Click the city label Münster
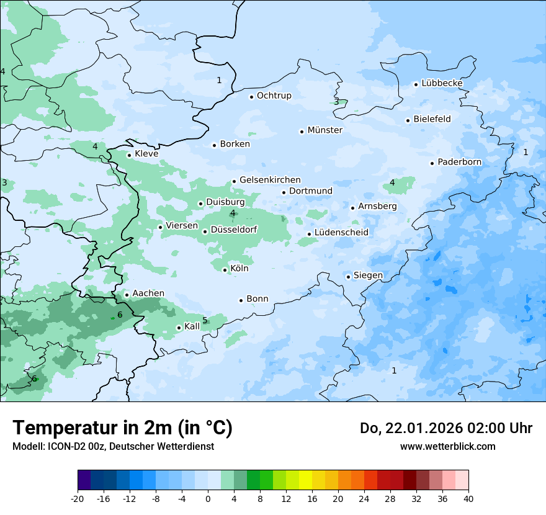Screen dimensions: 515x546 tap(325, 130)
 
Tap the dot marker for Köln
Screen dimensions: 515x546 tap(225, 270)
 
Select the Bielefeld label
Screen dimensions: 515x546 tap(432, 119)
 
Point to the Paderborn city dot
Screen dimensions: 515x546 tap(432, 163)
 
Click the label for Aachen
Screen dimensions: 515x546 tap(148, 293)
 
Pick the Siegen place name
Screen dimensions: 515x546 tap(368, 275)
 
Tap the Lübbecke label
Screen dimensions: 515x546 tap(442, 83)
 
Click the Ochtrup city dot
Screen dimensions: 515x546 tap(251, 96)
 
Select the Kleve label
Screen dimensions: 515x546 tap(146, 154)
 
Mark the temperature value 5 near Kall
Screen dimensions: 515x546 tap(205, 321)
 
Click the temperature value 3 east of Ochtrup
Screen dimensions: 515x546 tap(336, 102)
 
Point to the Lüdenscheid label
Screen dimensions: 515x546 tap(341, 233)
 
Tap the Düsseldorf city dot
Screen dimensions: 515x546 tap(205, 231)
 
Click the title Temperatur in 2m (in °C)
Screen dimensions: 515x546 tap(123, 428)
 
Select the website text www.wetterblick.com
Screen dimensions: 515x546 tap(447, 447)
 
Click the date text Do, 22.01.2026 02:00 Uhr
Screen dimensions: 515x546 tap(445, 428)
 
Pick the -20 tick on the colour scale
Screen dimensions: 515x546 tap(78, 499)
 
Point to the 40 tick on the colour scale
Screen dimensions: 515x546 tap(468, 499)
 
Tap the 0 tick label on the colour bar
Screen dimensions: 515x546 tap(208, 499)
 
